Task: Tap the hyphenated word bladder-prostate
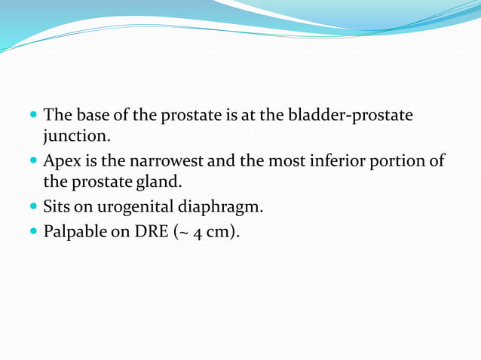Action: (351, 116)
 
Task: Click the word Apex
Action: (60, 161)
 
